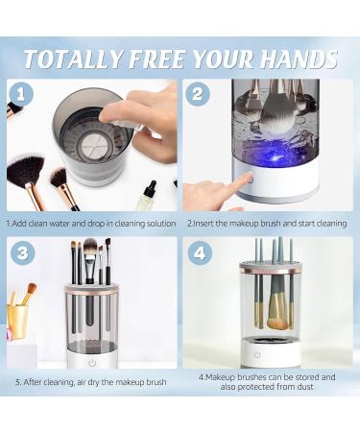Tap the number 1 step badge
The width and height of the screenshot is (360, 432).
click(x=24, y=95)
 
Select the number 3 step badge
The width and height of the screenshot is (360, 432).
click(x=24, y=254)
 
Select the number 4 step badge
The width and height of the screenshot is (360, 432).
click(x=199, y=254)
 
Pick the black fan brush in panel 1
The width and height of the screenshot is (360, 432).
click(x=27, y=173)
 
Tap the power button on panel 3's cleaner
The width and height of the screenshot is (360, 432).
click(x=92, y=363)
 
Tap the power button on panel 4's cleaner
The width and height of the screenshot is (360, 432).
click(x=256, y=354)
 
